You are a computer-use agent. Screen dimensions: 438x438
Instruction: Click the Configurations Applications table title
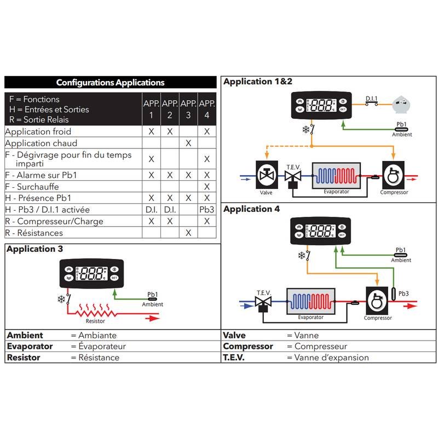(x=110, y=83)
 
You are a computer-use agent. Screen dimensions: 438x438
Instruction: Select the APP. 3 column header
(x=188, y=109)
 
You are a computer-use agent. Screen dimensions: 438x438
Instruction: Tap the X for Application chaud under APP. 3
(x=188, y=143)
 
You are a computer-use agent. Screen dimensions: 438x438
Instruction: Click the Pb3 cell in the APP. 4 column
(x=206, y=210)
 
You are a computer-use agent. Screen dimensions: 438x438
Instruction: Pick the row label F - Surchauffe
(x=33, y=187)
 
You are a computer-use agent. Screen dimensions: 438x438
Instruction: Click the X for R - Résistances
(x=188, y=233)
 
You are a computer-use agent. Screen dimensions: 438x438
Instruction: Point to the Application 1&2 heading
(x=258, y=82)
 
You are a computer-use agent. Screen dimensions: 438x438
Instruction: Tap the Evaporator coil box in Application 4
(x=310, y=303)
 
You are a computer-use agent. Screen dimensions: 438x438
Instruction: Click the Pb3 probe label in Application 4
(x=404, y=293)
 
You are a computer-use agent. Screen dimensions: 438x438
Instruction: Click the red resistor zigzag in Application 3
(x=95, y=313)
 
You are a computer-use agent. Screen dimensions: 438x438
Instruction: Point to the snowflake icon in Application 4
(x=301, y=255)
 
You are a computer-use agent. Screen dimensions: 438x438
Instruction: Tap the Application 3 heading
(x=34, y=249)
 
